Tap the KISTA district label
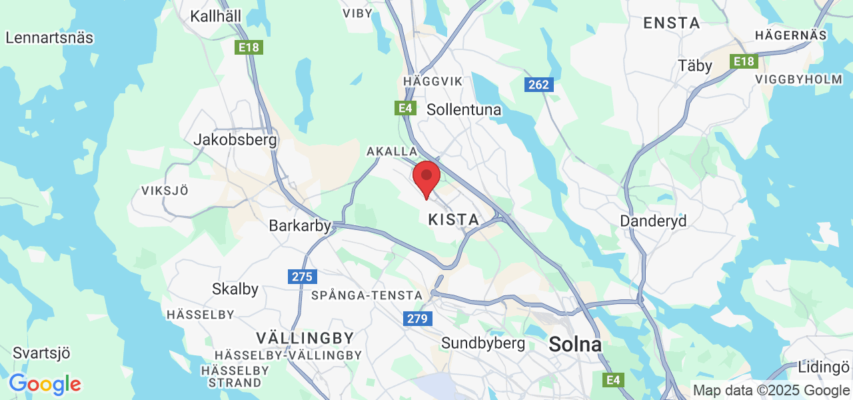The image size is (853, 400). click(453, 219)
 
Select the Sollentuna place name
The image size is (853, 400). click(464, 109)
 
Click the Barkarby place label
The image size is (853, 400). click(299, 226)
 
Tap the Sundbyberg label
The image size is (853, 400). click(483, 343)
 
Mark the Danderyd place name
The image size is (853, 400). click(653, 221)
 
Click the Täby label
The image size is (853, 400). click(695, 66)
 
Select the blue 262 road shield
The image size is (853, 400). click(538, 85)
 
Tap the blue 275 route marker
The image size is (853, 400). click(303, 277)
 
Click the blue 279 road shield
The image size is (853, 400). click(418, 319)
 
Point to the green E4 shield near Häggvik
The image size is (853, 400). click(405, 108)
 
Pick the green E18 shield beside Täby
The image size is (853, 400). click(744, 62)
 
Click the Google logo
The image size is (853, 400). click(45, 384)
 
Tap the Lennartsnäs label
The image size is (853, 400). click(49, 38)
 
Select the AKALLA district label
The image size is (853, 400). click(392, 152)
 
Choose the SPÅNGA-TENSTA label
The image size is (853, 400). click(367, 295)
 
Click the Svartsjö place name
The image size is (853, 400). click(41, 353)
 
